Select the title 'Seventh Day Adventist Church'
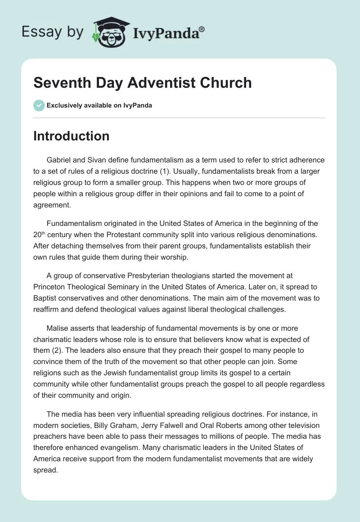143,83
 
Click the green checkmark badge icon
39,106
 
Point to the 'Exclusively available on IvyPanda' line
99,106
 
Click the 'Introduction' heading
72,136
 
